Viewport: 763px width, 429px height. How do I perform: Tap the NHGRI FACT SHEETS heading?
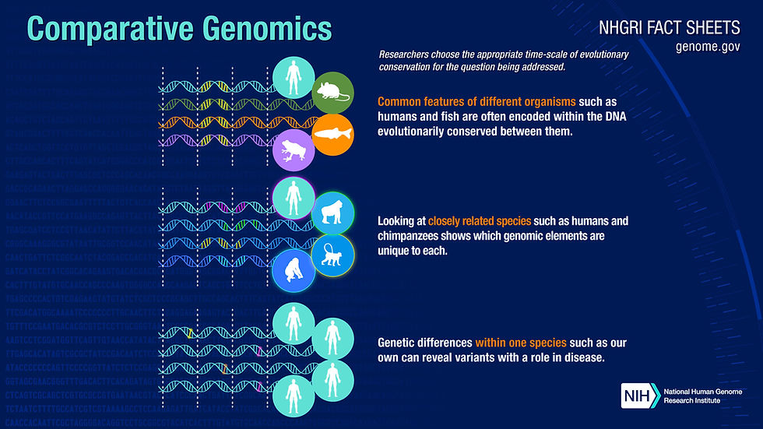tap(669, 29)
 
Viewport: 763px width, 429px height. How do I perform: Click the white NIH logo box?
tap(639, 396)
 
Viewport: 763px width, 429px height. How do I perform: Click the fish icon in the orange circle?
tap(333, 134)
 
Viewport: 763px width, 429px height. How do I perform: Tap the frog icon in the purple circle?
tap(294, 149)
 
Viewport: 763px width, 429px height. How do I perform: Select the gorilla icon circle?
tap(332, 213)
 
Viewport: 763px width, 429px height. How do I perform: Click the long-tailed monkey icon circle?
tap(333, 254)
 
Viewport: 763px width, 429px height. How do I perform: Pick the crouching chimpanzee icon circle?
tap(294, 269)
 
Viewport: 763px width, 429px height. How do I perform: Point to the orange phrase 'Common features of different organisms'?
tap(477, 102)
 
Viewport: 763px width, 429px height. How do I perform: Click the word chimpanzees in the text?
tap(415, 235)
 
